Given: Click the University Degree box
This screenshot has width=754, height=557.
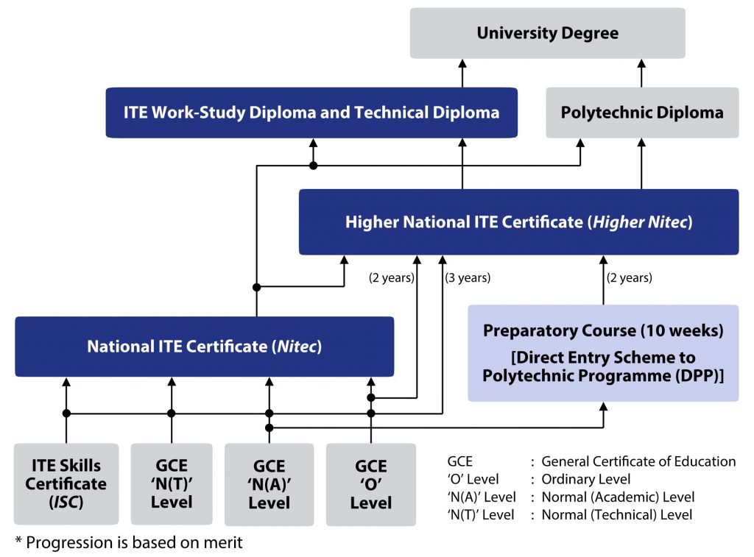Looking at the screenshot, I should point(547,33).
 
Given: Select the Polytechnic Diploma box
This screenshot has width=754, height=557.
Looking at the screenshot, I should point(641,113).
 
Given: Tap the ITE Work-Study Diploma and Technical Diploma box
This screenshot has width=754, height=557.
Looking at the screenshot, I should point(311,113).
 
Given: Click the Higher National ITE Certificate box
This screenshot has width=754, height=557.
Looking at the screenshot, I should point(518,222).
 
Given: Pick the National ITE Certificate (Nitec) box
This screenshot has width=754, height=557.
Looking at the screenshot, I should point(204,347).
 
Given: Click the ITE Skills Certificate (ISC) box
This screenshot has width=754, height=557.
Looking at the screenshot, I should point(66,483).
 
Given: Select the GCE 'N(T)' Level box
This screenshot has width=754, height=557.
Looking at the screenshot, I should point(172,483).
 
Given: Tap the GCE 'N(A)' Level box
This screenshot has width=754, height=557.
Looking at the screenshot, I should point(269,483).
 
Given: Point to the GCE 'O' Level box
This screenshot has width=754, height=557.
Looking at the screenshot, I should point(370,483).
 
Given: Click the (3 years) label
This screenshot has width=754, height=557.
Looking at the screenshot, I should point(467,278).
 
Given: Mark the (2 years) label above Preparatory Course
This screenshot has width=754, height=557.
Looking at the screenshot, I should point(629,278).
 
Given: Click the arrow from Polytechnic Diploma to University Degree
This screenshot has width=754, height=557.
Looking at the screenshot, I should point(641,74).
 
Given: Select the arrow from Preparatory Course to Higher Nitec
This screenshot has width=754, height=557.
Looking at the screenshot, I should point(603,280).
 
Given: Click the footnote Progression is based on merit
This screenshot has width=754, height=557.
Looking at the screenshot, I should point(128,543).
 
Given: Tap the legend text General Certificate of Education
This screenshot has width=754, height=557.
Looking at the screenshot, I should point(638,462).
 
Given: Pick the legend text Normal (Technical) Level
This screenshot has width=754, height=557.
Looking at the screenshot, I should point(616,515).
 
